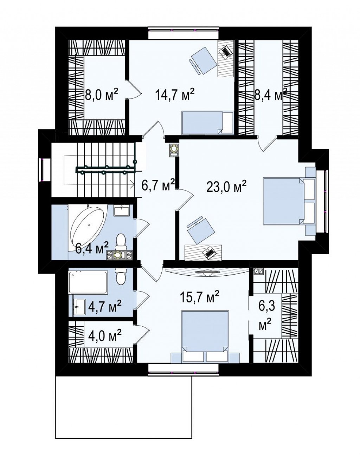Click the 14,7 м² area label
pyautogui.click(x=175, y=95)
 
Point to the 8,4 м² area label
pyautogui.click(x=270, y=95)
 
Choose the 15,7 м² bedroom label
pyautogui.click(x=199, y=297)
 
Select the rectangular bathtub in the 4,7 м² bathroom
pyautogui.click(x=88, y=282)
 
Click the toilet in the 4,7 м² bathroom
pyautogui.click(x=121, y=275)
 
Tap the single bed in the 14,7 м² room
pyautogui.click(x=207, y=123)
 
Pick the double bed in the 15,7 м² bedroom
pyautogui.click(x=205, y=339)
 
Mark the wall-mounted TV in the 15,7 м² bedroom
pyautogui.click(x=207, y=272)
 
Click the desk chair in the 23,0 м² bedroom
pyautogui.click(x=201, y=230)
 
